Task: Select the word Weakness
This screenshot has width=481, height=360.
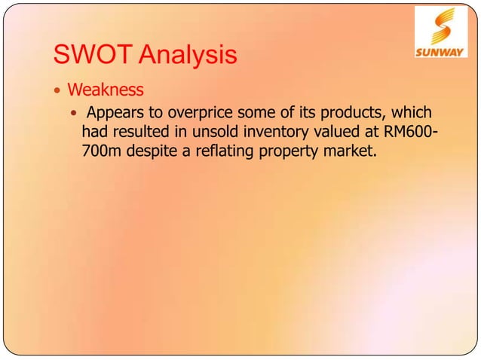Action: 105,90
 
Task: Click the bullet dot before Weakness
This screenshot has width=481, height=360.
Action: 57,91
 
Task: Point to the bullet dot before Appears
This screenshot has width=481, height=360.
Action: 74,114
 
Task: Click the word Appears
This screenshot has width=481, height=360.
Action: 115,114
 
